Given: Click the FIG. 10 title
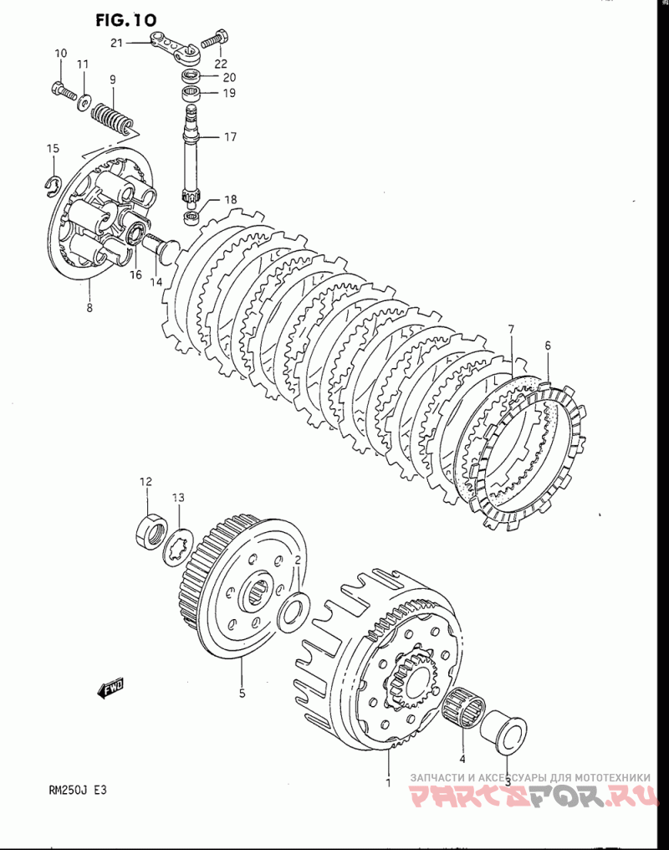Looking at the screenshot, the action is click(x=126, y=20).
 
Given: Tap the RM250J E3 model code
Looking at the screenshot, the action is click(x=78, y=790).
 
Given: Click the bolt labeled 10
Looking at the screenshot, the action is click(x=64, y=90).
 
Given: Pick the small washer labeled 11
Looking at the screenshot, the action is click(x=84, y=101).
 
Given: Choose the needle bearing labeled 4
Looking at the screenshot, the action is click(x=464, y=708).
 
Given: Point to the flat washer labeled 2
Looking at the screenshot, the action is click(x=293, y=612).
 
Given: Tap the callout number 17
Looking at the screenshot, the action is click(x=230, y=136).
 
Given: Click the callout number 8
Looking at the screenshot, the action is click(x=89, y=308).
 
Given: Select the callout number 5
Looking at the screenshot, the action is click(x=243, y=692).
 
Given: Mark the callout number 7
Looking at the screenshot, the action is click(x=511, y=329).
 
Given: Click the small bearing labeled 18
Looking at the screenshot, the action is click(x=192, y=218).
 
